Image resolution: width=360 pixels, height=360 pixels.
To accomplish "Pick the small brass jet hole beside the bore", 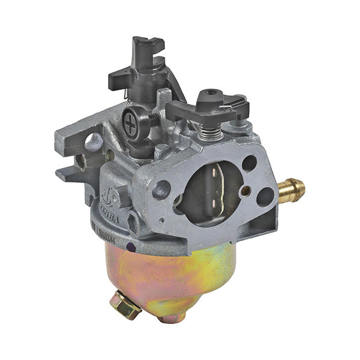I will [x=244, y=191].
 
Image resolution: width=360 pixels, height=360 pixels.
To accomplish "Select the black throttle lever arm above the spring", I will [x=207, y=108].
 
